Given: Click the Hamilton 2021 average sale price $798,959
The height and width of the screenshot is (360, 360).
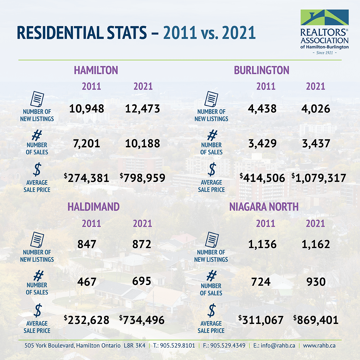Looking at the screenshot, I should point(143,178).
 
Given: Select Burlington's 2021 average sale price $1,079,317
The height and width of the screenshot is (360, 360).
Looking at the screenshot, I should point(319,178).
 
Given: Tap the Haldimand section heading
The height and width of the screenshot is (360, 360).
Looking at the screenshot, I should point(93,207).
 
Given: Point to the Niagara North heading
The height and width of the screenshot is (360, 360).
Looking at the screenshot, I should point(264,207).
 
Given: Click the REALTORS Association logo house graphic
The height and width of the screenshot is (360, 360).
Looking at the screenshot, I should point(324,17).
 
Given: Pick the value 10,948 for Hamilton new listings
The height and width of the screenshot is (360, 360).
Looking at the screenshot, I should point(87,108).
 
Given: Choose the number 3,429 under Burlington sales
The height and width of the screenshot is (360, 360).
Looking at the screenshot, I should point(262,143).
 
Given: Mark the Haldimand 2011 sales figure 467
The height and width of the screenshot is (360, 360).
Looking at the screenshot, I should point(87,282).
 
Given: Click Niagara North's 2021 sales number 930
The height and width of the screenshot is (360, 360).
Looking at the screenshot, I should point(316,282).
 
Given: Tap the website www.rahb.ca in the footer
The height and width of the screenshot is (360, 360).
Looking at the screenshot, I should point(319,346).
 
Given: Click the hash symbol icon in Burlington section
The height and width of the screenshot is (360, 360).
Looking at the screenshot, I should point(211,135).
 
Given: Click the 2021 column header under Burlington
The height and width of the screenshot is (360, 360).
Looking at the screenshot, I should point(315,86).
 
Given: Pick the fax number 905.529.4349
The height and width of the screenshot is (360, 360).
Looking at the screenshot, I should point(224,346).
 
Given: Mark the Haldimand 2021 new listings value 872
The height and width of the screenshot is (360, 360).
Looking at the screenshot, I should point(142,244).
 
